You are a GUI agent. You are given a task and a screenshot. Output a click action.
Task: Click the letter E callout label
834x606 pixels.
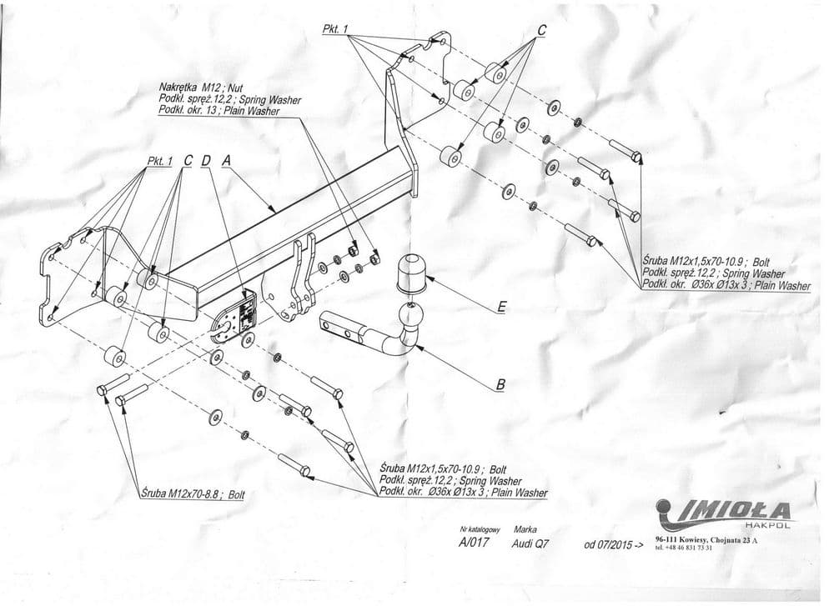pos(500,308)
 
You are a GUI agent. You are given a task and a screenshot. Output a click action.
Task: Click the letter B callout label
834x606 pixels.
pos(500,384)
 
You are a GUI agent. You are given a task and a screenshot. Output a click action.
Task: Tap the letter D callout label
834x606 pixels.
pos(206,160)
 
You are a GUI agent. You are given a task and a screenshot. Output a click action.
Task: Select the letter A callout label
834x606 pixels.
pos(227,160)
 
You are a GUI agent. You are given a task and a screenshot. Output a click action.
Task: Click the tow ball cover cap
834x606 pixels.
pos(411,273)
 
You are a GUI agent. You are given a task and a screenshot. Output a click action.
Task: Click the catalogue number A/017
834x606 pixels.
pos(473,543)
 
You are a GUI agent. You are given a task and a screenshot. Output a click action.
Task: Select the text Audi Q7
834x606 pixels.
pos(530,543)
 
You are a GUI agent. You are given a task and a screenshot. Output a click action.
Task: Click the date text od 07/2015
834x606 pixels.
pos(614,545)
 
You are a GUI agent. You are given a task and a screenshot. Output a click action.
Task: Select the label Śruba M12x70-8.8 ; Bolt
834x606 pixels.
pos(193,494)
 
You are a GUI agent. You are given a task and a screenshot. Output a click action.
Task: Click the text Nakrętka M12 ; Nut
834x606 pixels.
pos(201,88)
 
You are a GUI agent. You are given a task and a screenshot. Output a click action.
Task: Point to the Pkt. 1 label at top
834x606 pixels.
pos(335,29)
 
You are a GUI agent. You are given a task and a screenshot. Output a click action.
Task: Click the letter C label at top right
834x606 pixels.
pos(541,31)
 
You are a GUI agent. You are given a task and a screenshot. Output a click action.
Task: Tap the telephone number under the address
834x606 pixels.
pos(684,548)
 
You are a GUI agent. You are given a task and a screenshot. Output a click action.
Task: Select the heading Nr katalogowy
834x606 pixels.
pos(481,530)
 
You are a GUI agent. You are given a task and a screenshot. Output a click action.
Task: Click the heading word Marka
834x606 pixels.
pos(525,529)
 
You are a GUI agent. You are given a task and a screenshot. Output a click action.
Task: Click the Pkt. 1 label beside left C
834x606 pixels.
pos(160,161)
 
